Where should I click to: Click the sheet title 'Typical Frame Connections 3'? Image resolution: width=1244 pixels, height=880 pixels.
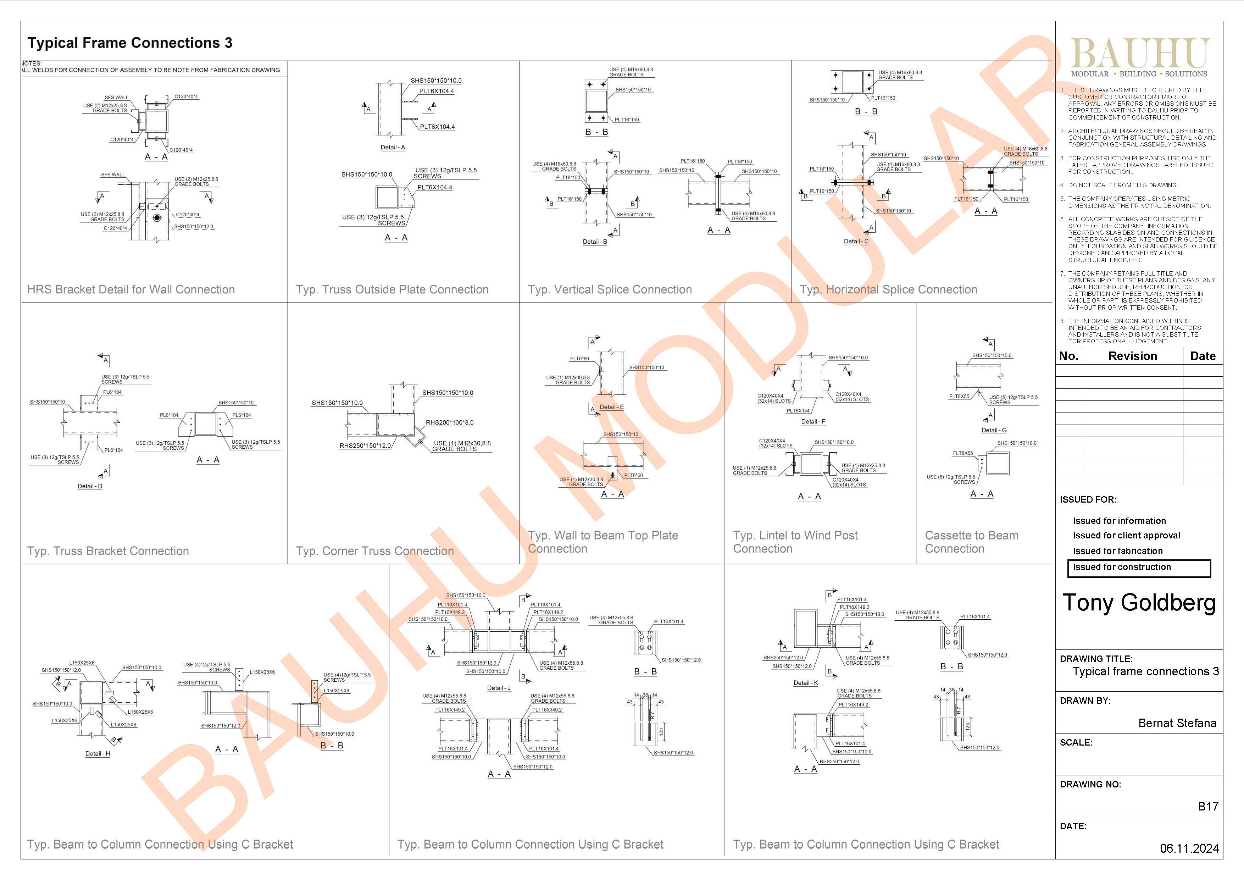tap(130, 43)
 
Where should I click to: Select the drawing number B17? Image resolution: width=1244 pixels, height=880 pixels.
tap(1208, 806)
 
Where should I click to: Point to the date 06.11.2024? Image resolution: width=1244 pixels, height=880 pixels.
tap(1189, 848)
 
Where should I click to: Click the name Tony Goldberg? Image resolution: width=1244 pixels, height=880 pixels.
tap(1139, 603)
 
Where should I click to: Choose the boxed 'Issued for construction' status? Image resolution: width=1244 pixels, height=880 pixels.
tap(1138, 568)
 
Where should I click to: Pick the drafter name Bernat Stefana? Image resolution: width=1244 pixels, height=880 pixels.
tap(1177, 723)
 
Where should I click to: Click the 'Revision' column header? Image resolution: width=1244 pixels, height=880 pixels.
tap(1132, 356)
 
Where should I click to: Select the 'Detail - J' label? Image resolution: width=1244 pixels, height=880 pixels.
tap(499, 688)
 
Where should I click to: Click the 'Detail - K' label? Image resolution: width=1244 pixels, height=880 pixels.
tap(806, 683)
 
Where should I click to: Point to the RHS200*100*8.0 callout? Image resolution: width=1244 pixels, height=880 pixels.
tap(449, 423)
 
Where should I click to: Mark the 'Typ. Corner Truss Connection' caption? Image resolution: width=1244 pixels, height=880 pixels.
tap(374, 551)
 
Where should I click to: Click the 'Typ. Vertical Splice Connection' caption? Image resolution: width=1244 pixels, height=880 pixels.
tap(610, 289)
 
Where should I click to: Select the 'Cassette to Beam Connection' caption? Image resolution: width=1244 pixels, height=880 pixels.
tap(971, 542)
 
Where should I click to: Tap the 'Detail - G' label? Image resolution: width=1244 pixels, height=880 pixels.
tap(994, 430)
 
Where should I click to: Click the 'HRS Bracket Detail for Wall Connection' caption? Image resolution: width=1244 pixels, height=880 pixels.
tap(131, 289)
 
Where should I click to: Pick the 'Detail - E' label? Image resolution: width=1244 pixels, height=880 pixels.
tap(611, 407)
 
